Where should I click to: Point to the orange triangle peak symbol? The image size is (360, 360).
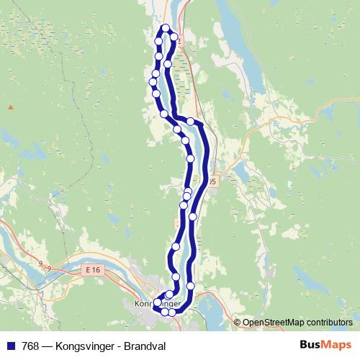pyautogui.click(x=11, y=107)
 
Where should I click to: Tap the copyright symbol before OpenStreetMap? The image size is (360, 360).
pyautogui.click(x=238, y=322)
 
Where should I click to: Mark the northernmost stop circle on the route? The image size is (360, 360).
pyautogui.click(x=166, y=28)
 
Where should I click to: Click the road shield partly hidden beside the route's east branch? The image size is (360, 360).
pyautogui.click(x=212, y=183)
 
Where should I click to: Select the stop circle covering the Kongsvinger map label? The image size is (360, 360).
pyautogui.click(x=157, y=302)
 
